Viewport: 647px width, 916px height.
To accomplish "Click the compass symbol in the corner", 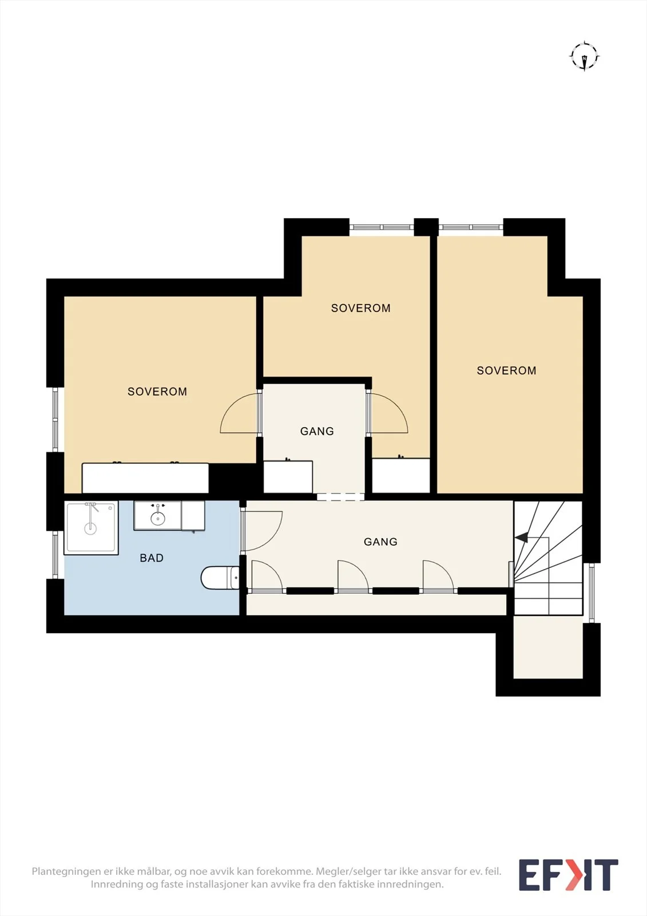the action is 585,57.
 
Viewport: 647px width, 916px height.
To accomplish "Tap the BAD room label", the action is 152,558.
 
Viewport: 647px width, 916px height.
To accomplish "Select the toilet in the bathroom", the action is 220,578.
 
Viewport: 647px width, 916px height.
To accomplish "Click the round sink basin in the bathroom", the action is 158,519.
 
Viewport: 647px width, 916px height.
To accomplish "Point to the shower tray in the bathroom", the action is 91,527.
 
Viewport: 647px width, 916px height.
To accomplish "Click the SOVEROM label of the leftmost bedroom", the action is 157,392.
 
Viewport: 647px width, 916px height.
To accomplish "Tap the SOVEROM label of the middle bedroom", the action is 361,309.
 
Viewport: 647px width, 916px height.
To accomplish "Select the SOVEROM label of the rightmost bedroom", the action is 506,370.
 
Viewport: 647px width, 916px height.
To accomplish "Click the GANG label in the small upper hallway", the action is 317,431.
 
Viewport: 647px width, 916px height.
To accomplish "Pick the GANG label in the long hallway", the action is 380,542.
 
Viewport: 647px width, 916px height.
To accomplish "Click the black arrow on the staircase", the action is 522,538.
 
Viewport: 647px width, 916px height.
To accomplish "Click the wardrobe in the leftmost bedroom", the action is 145,478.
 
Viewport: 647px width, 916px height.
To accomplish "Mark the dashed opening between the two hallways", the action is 340,497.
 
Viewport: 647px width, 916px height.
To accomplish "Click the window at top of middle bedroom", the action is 382,227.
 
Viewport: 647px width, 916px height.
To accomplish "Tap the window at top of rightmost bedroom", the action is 471,227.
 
